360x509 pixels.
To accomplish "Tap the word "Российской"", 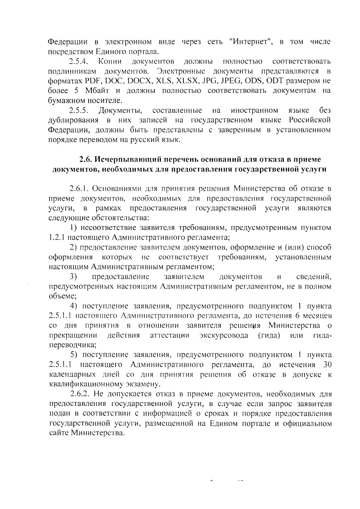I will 310,120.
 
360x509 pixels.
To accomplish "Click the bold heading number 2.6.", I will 85,159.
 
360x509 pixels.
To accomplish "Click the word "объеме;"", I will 62,296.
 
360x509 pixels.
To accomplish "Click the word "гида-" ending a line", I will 322,335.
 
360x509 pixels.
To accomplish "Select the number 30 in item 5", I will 326,365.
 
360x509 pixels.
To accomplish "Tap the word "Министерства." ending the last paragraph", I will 97,433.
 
